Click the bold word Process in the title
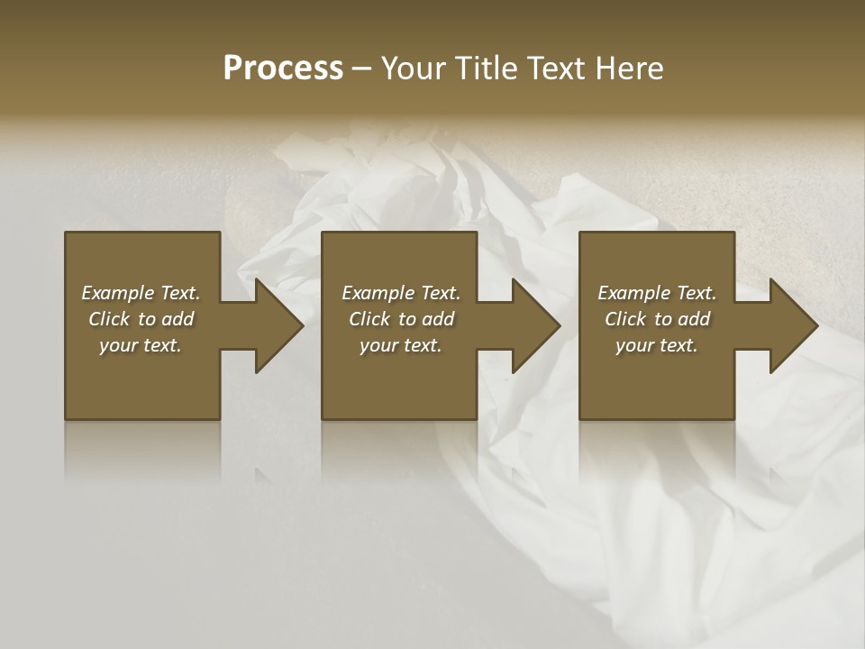[x=283, y=69]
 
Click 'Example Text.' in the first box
[x=141, y=293]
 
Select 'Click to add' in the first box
[x=141, y=319]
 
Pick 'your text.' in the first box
[x=141, y=345]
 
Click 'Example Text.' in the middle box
[x=401, y=293]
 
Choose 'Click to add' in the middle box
[x=401, y=319]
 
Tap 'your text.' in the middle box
[x=401, y=345]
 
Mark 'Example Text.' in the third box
[x=657, y=293]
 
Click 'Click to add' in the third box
[x=657, y=319]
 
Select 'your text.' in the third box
[x=657, y=345]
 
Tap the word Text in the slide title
[x=555, y=69]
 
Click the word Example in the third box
[x=633, y=293]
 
